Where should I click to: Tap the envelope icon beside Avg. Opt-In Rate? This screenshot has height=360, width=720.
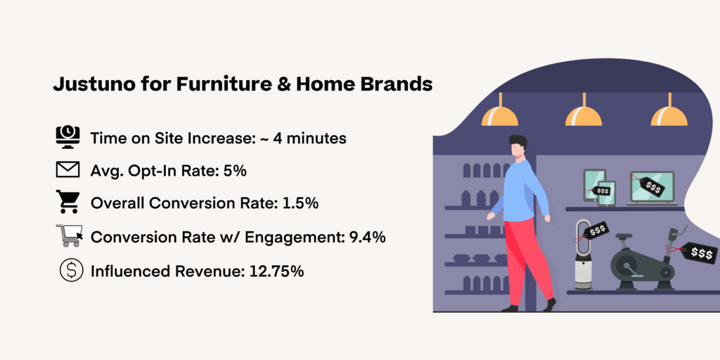coord(68,170)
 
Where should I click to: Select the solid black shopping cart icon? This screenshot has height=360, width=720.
coord(68,203)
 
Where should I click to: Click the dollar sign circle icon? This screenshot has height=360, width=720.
coord(68,271)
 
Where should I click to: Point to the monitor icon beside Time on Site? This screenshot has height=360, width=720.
coord(68,137)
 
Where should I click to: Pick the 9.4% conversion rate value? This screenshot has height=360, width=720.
coord(367,237)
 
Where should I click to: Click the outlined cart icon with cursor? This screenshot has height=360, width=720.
coord(68,237)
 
